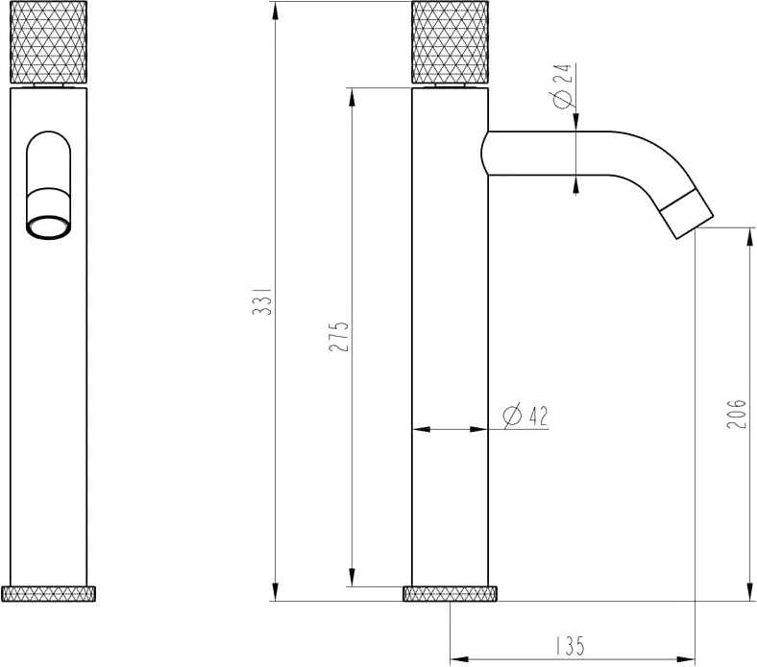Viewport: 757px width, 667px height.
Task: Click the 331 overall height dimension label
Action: pyautogui.click(x=263, y=301)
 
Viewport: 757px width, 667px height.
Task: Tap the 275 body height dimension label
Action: pyautogui.click(x=338, y=336)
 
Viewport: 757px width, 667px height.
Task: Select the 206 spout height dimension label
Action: pyautogui.click(x=736, y=414)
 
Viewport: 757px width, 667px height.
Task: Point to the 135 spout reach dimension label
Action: pyautogui.click(x=570, y=646)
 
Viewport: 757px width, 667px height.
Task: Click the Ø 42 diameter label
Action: pyautogui.click(x=525, y=417)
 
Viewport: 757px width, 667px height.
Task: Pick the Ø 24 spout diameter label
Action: pyautogui.click(x=563, y=85)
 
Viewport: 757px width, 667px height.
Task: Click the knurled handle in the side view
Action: pyautogui.click(x=450, y=42)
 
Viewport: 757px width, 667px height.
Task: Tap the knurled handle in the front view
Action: pyautogui.click(x=48, y=42)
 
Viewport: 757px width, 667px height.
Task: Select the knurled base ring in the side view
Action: pyautogui.click(x=450, y=594)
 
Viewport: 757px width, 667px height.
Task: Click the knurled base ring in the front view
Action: pyautogui.click(x=48, y=594)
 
